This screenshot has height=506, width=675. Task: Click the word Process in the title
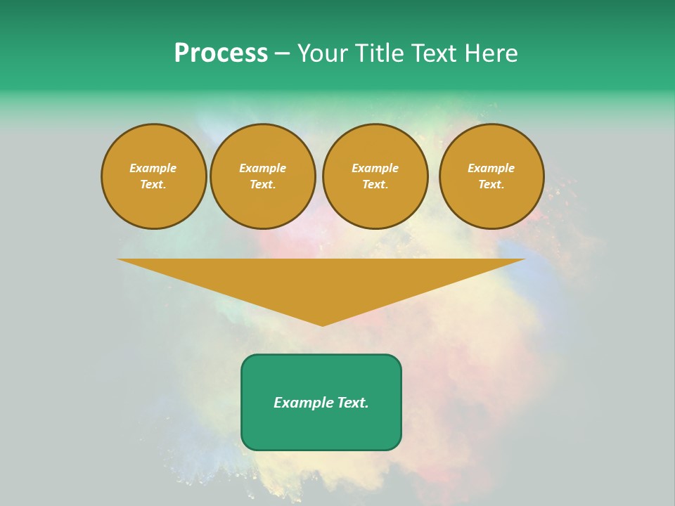[x=221, y=53]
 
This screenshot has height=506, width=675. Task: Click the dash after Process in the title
[x=283, y=54]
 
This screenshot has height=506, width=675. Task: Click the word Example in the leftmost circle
[x=153, y=168]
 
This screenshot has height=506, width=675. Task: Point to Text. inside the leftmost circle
[x=153, y=184]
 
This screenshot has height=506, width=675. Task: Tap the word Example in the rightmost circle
[x=491, y=168]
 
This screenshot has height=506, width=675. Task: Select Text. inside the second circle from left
[x=262, y=184]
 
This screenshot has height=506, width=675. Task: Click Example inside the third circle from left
[x=375, y=168]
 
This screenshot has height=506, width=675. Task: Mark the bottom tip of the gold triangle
[x=322, y=324]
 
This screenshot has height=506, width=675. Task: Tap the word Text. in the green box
[x=352, y=403]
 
